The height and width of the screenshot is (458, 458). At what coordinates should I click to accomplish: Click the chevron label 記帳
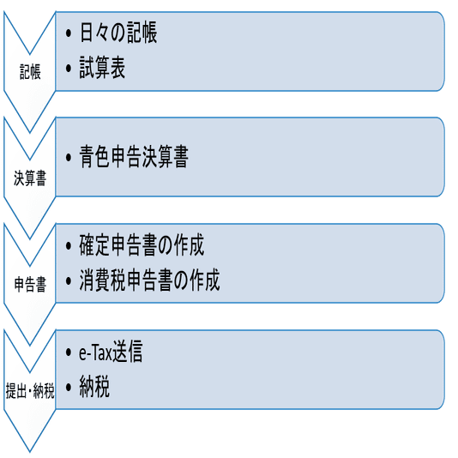coord(30,72)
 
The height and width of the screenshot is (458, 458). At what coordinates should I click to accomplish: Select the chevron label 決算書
coord(30,178)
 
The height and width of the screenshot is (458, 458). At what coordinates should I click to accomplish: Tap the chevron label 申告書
coord(30,284)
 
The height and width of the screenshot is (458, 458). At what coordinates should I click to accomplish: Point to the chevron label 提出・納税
coord(30,390)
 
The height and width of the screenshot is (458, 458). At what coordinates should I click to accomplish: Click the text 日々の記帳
coord(118,33)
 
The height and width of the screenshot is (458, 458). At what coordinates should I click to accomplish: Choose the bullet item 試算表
coord(102,68)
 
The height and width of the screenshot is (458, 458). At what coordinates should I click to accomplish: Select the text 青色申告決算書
coord(134,157)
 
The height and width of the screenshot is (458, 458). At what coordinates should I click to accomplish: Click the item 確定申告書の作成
coord(142,245)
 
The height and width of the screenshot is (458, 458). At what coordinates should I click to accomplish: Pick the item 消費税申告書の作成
coord(149,280)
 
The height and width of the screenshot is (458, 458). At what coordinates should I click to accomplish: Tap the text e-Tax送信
coord(111,352)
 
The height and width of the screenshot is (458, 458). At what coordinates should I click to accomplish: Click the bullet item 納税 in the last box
coord(94,387)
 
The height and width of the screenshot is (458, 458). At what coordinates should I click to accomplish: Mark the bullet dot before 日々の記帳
coord(69,33)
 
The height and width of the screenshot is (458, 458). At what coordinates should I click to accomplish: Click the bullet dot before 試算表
coord(69,68)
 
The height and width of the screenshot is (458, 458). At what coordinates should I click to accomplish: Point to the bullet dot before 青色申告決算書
coord(69,157)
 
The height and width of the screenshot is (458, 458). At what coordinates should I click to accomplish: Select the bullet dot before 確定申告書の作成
coord(69,246)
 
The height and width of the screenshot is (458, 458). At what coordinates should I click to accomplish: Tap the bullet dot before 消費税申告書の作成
coord(69,281)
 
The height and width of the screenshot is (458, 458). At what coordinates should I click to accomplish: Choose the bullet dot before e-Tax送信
coord(69,353)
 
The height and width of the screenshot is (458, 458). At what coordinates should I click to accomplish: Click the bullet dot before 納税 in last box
coord(69,388)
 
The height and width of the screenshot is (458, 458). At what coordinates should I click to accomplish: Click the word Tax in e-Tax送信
coord(102,353)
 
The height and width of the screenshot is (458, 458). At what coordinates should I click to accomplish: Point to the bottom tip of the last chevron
coord(30,452)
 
